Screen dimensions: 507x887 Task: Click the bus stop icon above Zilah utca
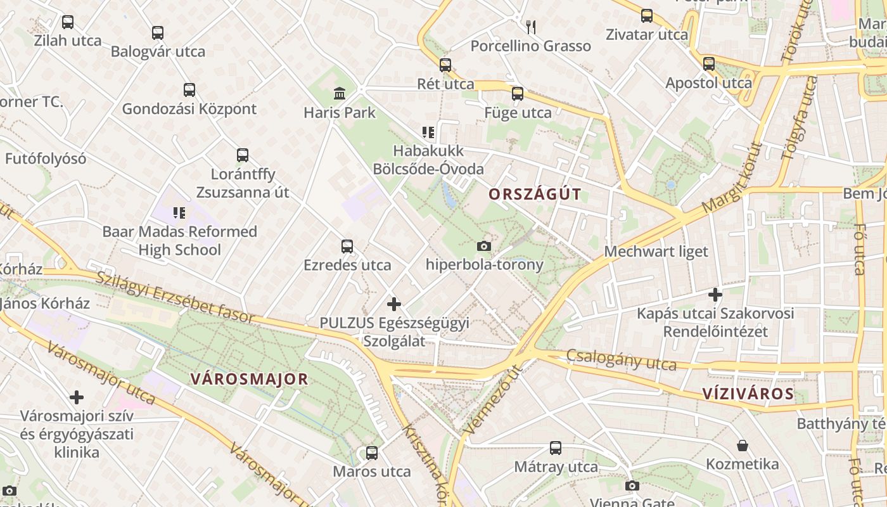[x=68, y=22]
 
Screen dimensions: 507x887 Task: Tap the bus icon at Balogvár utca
[x=158, y=33]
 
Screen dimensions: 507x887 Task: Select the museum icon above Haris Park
[x=340, y=94]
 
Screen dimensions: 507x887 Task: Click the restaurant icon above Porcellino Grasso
[x=531, y=27]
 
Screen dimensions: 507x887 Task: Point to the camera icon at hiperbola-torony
[x=484, y=246]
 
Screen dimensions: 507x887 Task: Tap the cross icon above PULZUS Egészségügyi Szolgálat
[x=394, y=304]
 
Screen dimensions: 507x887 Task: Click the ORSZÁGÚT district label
[x=535, y=195]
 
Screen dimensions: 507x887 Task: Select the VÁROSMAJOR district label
[x=249, y=380]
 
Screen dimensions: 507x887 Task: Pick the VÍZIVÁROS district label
[x=748, y=394]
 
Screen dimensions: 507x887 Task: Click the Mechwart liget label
[x=656, y=252]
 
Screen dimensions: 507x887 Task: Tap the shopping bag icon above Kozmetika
[x=743, y=446]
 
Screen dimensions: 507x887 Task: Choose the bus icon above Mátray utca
[x=556, y=448]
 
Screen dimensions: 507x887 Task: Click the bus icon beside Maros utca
[x=372, y=453]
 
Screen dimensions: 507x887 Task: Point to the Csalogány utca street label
[x=621, y=360]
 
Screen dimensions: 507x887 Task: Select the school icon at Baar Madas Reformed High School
[x=179, y=213]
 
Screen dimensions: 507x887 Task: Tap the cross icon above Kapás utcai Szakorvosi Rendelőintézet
[x=715, y=295]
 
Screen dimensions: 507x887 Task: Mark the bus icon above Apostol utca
[x=709, y=64]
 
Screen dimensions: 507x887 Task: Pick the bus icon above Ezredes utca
[x=347, y=247]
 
